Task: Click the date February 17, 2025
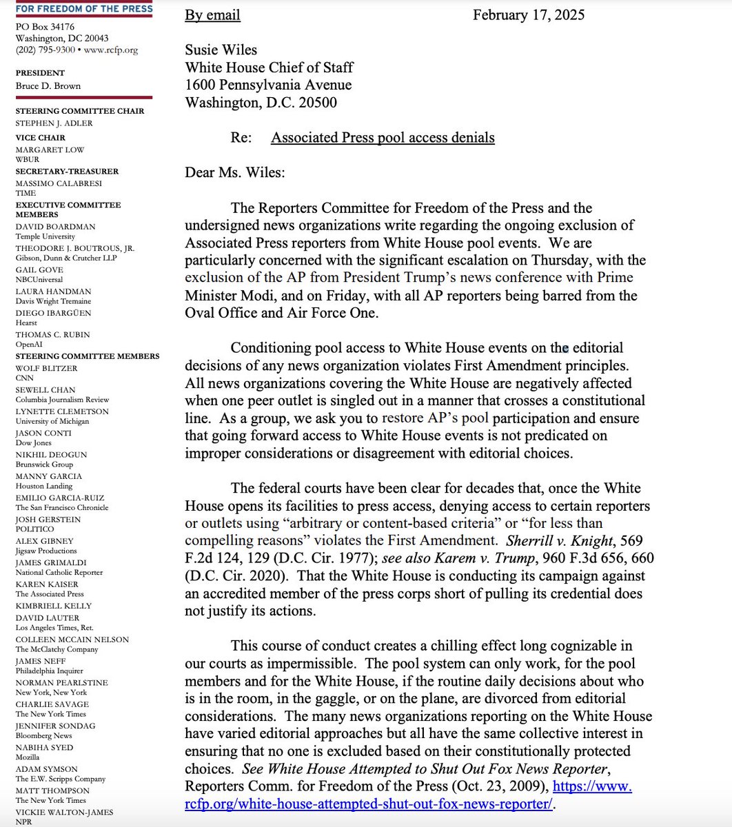point(528,15)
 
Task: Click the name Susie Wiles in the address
point(221,50)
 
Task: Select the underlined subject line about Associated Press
point(383,137)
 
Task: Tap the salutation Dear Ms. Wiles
point(234,172)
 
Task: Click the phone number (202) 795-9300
point(45,50)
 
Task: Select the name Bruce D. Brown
point(48,86)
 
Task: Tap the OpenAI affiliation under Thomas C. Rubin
point(30,344)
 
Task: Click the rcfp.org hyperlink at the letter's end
point(369,804)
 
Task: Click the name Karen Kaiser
point(47,584)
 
